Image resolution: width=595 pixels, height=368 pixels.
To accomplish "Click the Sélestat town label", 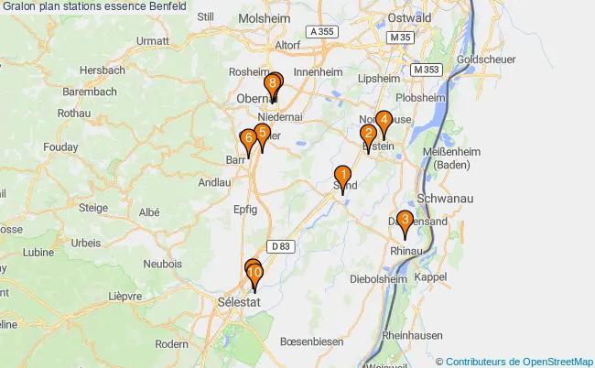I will coord(240,301).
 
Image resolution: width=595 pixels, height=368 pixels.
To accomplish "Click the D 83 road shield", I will coord(279,245).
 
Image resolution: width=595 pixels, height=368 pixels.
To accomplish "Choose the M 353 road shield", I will coord(427,70).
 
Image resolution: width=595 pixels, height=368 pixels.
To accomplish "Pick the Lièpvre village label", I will coord(124,296).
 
